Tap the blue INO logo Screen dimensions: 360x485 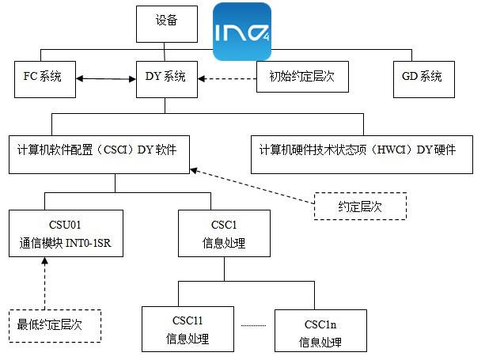click(243, 32)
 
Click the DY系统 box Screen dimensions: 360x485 click(166, 78)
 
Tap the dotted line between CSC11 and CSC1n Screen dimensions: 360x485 click(255, 325)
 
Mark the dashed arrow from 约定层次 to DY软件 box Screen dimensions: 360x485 click(252, 187)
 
